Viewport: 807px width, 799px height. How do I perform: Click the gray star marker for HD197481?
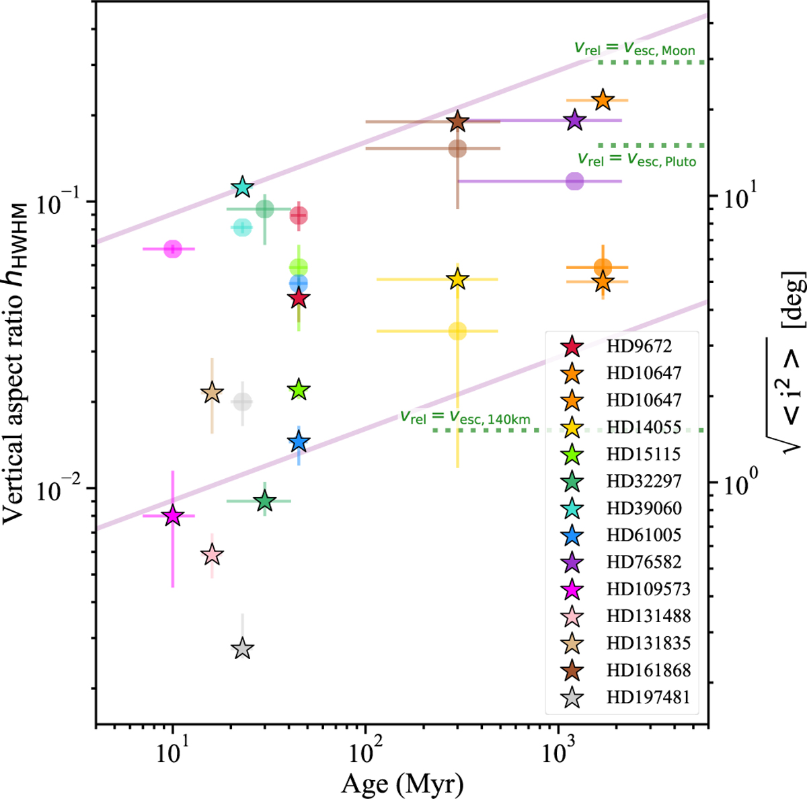pos(242,649)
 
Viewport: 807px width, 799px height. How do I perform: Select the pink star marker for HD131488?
pos(212,556)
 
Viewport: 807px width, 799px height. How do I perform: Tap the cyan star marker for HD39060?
pos(243,188)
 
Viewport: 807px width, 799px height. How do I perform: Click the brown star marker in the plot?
pos(458,122)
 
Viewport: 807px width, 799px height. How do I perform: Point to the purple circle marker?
pos(574,181)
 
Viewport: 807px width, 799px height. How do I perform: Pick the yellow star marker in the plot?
pos(458,279)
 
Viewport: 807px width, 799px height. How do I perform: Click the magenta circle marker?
pos(173,249)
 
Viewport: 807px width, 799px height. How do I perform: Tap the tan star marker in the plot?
pos(212,393)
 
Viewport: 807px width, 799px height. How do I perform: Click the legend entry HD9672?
pos(639,346)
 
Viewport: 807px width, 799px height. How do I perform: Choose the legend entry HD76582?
pos(644,562)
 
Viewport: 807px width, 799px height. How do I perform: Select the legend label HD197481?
pos(648,697)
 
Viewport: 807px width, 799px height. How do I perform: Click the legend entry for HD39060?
pos(644,508)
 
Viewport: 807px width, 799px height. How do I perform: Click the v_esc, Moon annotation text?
pos(634,48)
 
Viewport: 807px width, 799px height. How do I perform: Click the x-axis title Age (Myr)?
pos(403,783)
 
